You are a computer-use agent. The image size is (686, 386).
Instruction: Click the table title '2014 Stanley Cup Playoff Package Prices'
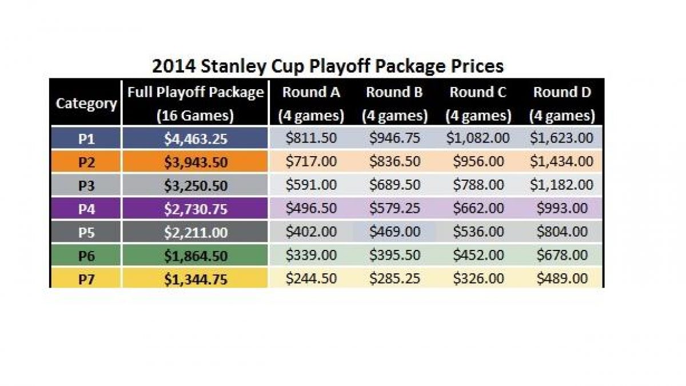328,66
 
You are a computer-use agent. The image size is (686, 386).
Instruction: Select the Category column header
86,104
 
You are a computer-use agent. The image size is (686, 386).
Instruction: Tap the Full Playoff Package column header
196,104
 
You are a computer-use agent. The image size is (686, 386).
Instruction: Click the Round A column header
311,104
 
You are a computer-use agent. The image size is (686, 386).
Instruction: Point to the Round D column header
562,104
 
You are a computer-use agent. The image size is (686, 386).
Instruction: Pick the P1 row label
86,138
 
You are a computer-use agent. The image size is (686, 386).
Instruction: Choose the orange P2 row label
86,162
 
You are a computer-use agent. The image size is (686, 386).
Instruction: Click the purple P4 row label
86,209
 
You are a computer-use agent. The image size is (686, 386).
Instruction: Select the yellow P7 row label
86,278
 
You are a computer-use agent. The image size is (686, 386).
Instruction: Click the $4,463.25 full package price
196,138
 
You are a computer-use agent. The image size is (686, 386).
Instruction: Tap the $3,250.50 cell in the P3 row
196,185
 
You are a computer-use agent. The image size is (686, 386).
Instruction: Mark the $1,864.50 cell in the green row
196,255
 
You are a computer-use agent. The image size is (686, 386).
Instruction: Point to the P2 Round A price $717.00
311,162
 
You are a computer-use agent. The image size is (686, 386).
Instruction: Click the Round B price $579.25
394,209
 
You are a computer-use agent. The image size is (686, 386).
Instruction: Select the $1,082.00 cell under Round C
478,138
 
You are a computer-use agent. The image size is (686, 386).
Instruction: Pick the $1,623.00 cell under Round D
562,138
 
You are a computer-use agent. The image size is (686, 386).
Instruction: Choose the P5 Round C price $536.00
478,232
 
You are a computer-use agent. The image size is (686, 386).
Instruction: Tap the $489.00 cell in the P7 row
562,278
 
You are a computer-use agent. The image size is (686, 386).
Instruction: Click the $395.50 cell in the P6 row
394,255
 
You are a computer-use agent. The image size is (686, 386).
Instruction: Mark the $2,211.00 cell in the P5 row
196,232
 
